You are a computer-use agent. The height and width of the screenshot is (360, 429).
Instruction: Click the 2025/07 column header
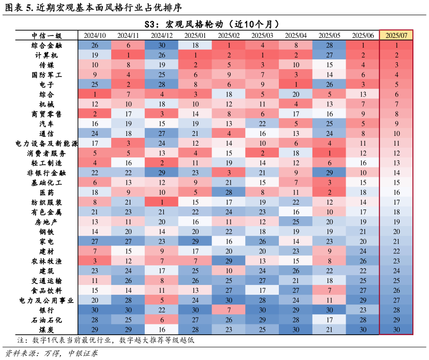point(396,36)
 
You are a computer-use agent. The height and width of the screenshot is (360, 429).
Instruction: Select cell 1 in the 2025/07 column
point(396,45)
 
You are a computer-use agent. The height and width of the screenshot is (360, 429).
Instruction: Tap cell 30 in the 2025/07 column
point(396,330)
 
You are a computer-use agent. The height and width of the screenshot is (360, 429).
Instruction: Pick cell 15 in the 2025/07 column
point(396,183)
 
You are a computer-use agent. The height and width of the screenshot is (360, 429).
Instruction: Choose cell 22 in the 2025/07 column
point(396,251)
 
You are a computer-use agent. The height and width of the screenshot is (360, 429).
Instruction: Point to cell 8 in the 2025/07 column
point(396,114)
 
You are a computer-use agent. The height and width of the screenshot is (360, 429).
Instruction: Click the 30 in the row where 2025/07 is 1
point(161,45)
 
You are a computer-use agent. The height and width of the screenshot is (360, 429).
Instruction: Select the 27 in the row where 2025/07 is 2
point(329,55)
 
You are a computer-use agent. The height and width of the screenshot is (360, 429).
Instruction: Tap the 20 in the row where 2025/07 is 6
point(296,95)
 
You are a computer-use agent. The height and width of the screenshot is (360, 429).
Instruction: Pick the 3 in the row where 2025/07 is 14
point(229,173)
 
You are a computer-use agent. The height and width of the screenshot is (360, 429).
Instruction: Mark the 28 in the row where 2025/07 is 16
point(229,192)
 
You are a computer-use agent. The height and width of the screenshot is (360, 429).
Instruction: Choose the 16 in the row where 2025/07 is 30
point(161,330)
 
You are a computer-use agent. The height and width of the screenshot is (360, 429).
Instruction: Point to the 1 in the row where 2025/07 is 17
point(161,202)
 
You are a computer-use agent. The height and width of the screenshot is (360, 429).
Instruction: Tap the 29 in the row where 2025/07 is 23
point(229,261)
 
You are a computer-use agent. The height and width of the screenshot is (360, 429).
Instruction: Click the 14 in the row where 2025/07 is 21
point(296,242)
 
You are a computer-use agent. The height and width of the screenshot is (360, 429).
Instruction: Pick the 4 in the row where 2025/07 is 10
point(229,133)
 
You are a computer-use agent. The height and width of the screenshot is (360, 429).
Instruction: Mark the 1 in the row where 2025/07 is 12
point(329,153)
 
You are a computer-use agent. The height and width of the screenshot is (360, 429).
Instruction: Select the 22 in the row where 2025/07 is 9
point(262,124)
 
